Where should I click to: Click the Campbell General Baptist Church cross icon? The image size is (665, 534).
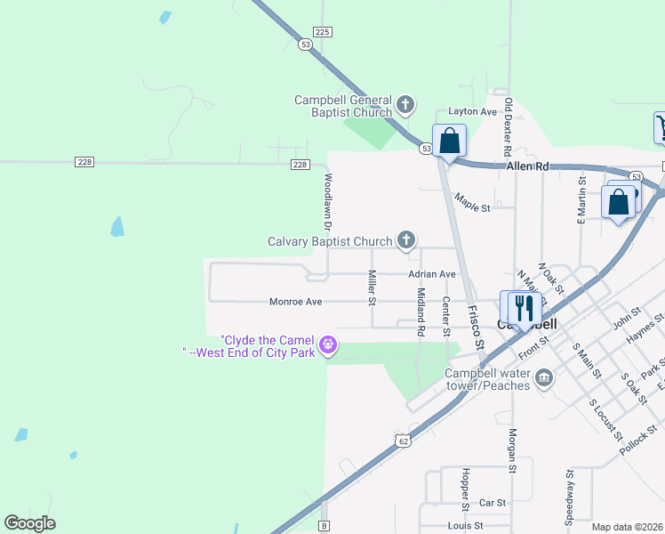click(x=405, y=106)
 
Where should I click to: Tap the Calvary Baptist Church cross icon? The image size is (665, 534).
click(x=405, y=240)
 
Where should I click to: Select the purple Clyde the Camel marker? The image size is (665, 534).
click(x=329, y=344)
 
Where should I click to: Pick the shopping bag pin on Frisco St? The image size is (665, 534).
click(x=449, y=141)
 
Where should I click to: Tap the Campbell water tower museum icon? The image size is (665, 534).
click(x=544, y=379)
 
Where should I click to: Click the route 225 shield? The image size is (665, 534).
click(x=322, y=31)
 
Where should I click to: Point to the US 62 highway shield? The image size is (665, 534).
click(x=404, y=440)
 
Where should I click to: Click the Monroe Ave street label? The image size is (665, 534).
click(x=295, y=302)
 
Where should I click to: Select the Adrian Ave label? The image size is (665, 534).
click(x=432, y=274)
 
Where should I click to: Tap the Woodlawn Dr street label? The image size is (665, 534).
click(x=327, y=203)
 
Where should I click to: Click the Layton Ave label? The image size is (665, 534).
click(x=472, y=112)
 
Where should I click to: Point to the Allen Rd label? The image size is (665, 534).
click(x=528, y=166)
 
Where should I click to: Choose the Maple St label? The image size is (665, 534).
click(x=472, y=203)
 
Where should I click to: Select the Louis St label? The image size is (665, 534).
click(x=465, y=526)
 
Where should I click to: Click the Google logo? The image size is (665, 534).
click(x=29, y=523)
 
